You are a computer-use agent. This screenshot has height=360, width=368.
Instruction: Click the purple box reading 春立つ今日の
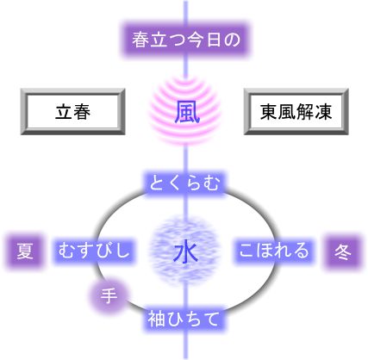pyautogui.click(x=186, y=40)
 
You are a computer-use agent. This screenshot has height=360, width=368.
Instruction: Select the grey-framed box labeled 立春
pyautogui.click(x=72, y=112)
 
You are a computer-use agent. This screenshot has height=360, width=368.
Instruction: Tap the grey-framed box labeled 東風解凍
pyautogui.click(x=296, y=112)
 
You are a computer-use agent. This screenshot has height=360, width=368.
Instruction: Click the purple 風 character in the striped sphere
pyautogui.click(x=186, y=112)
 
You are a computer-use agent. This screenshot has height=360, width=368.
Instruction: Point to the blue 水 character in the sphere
pyautogui.click(x=185, y=252)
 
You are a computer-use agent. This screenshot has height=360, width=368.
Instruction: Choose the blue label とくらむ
pyautogui.click(x=185, y=183)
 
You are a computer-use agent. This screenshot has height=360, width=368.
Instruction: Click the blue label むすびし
pyautogui.click(x=94, y=251)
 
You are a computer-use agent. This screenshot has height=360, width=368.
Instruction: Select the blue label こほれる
pyautogui.click(x=274, y=251)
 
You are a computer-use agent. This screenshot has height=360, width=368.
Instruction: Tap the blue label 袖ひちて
pyautogui.click(x=184, y=319)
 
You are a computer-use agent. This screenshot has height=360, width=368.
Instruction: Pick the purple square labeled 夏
pyautogui.click(x=25, y=251)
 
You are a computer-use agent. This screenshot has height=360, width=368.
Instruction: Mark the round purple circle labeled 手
pyautogui.click(x=109, y=295)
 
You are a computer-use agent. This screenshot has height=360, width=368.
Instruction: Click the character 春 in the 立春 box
pyautogui.click(x=82, y=112)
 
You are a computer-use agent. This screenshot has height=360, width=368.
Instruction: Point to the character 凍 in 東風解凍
pyautogui.click(x=323, y=112)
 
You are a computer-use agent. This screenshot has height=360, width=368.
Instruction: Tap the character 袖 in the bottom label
pyautogui.click(x=157, y=319)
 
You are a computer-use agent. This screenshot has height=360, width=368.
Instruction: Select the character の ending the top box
pyautogui.click(x=232, y=40)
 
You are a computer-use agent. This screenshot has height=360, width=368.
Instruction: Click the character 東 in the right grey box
pyautogui.click(x=269, y=112)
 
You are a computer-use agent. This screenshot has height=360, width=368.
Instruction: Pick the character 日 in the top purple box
pyautogui.click(x=214, y=40)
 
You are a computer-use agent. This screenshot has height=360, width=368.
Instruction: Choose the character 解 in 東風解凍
pyautogui.click(x=305, y=112)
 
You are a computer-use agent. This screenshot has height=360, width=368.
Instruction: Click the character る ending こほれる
pyautogui.click(x=301, y=251)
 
